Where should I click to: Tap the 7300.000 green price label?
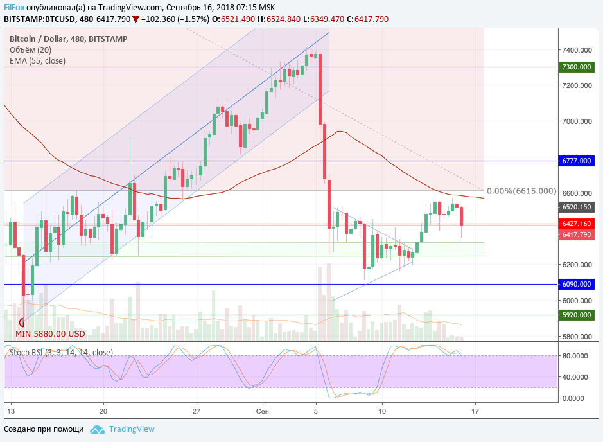pos(575,67)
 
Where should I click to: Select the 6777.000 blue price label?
pos(575,161)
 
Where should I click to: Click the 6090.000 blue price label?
pos(575,284)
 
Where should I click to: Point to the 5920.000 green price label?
pos(575,315)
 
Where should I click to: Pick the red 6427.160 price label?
pos(575,224)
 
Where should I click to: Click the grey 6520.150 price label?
pos(575,208)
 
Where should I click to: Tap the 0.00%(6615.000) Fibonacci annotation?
pos(521,191)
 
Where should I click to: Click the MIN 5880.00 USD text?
pos(50,334)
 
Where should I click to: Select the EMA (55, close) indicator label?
pos(37,61)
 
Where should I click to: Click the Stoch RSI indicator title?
pos(61,352)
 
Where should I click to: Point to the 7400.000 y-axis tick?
pos(576,49)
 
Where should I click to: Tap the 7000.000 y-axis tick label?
pos(576,121)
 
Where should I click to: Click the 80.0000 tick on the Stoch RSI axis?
pos(575,356)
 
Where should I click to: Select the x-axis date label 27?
pos(197,411)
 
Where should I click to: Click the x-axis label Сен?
pos(261,411)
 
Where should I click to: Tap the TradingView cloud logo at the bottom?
pos(97,429)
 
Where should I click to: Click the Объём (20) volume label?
pos(30,50)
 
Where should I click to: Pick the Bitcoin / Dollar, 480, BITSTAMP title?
pos(68,39)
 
